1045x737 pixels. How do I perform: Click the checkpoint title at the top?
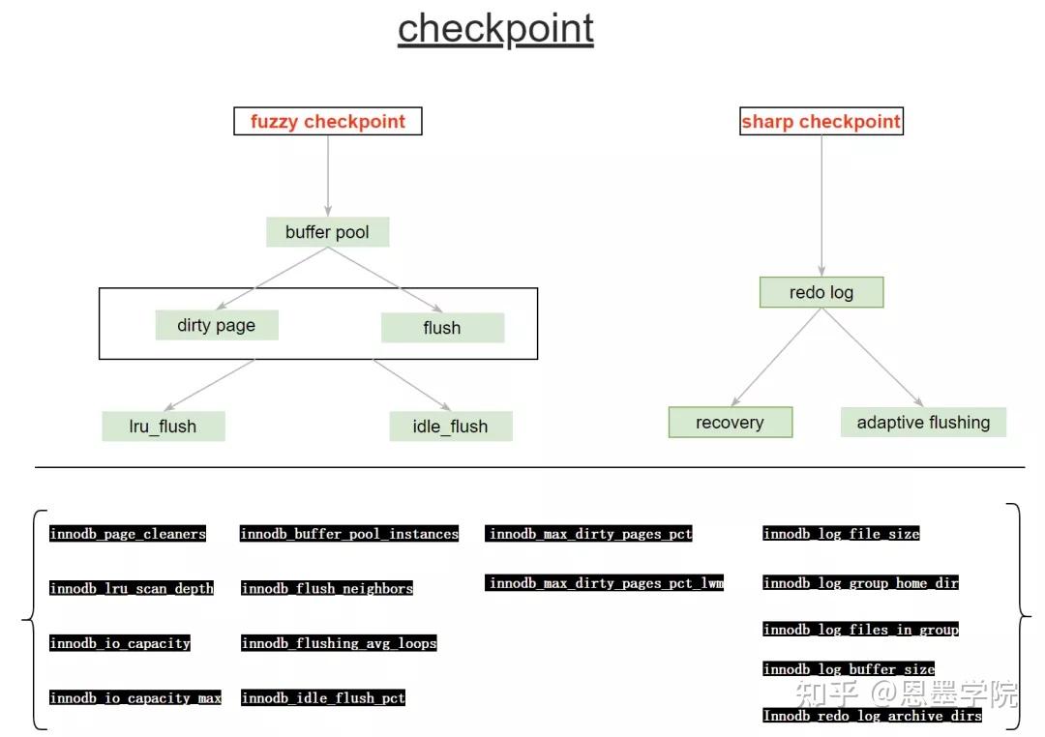pos(495,30)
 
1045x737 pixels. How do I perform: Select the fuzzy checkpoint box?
pos(327,122)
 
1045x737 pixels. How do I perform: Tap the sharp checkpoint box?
pos(821,122)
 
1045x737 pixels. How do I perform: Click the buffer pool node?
pos(327,232)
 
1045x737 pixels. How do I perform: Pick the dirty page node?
pos(216,325)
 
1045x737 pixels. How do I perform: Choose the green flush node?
pos(442,328)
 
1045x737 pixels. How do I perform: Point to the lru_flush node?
pos(163,427)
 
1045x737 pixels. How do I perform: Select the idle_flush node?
pos(450,427)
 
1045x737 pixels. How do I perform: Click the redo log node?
pos(821,293)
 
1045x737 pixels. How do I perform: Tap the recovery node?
pos(730,423)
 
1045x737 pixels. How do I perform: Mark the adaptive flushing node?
pos(923,423)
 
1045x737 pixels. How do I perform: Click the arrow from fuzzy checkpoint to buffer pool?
pos(328,174)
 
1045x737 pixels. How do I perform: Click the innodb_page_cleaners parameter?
pos(128,534)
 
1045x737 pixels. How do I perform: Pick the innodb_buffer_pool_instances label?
pos(349,534)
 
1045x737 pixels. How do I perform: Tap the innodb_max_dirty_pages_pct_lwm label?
pos(605,583)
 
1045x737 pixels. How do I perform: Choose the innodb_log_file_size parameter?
pos(841,534)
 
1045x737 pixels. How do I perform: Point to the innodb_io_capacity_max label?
pos(135,698)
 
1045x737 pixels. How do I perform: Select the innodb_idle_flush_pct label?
pos(323,698)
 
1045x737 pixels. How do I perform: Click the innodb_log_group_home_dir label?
pos(860,583)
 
